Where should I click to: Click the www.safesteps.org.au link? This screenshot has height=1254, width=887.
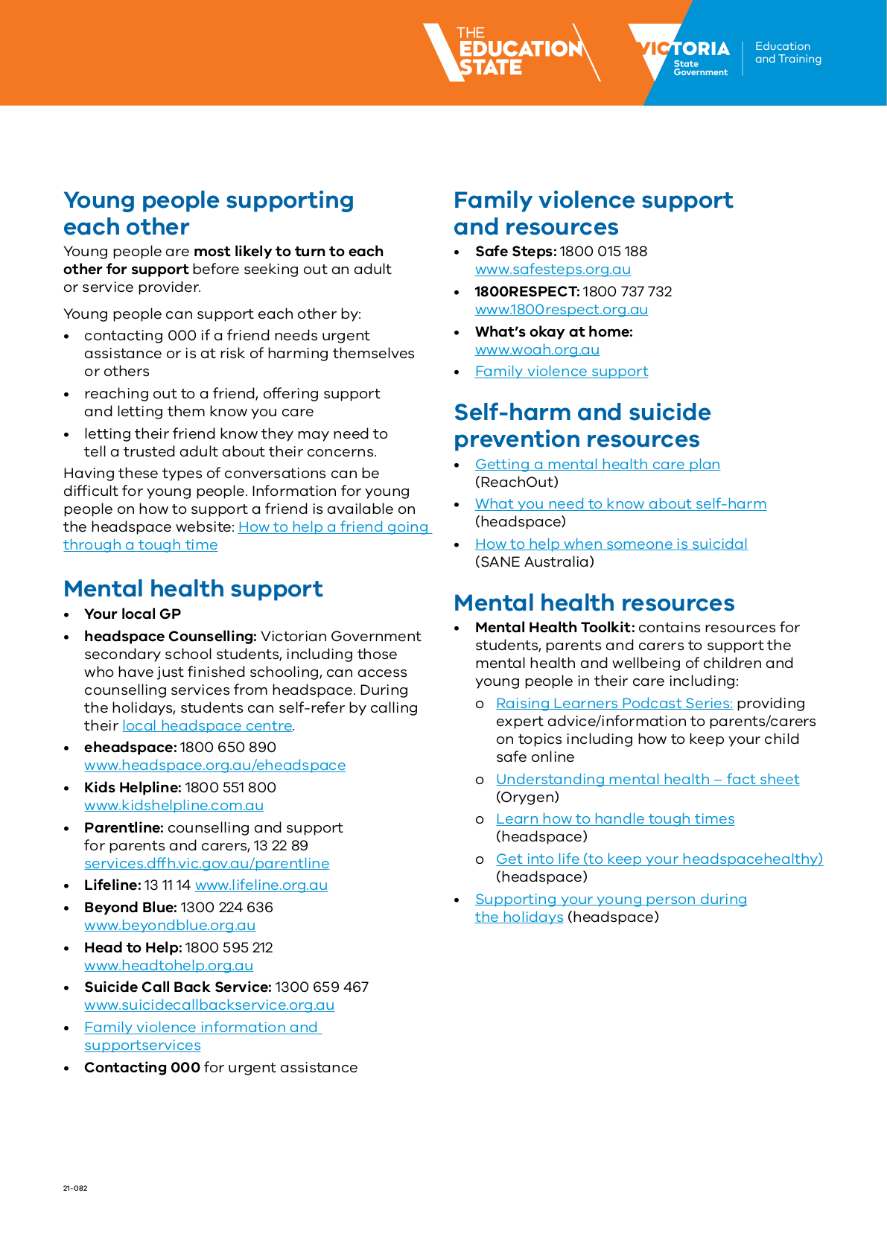[x=553, y=270]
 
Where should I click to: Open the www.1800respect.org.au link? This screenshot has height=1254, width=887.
[x=561, y=310]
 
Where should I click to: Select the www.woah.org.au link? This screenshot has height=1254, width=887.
[x=537, y=350]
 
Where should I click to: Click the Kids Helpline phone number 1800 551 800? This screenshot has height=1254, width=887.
[x=230, y=788]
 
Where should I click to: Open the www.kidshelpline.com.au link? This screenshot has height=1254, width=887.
[x=174, y=806]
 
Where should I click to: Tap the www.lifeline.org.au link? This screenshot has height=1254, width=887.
[x=261, y=885]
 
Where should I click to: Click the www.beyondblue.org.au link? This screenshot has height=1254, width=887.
[x=170, y=926]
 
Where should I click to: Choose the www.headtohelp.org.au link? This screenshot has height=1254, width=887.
[x=168, y=966]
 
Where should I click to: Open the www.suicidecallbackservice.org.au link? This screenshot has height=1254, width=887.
[x=209, y=1005]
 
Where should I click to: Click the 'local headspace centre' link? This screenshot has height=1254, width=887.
[x=207, y=726]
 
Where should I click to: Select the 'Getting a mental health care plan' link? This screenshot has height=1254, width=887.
[x=597, y=465]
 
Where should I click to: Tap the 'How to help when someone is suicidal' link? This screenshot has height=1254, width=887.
[x=611, y=544]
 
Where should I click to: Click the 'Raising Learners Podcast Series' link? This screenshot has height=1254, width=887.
[x=614, y=704]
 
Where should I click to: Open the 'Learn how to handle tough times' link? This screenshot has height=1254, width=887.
[x=615, y=819]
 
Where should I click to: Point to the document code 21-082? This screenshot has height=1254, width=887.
[x=75, y=1188]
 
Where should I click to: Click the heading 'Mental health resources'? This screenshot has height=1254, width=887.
[x=594, y=602]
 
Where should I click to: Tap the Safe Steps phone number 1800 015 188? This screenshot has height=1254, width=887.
[x=603, y=252]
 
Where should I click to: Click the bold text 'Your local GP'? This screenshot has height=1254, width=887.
[x=133, y=614]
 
